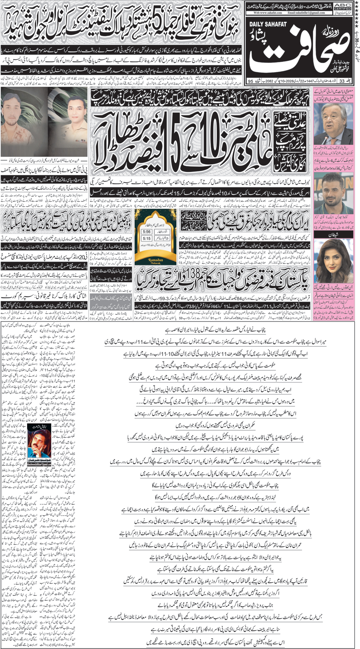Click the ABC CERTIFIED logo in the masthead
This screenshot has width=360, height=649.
342,6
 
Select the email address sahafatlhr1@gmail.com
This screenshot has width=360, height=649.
306,13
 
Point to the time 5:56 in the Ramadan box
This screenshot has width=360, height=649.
147,232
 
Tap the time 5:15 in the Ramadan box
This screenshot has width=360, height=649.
147,238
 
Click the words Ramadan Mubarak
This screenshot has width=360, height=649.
156,260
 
